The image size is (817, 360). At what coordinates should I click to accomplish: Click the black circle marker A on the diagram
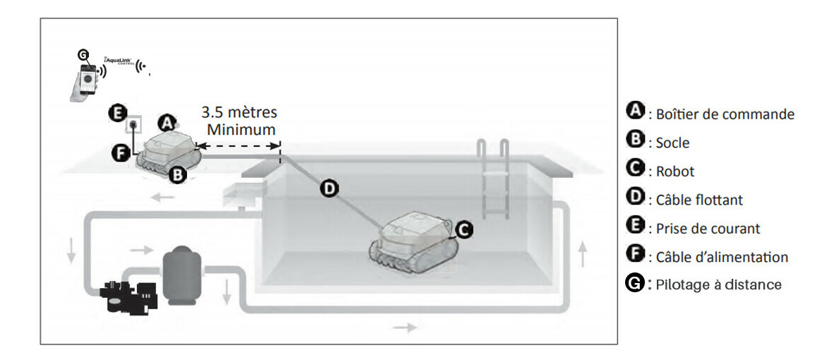tap(167, 122)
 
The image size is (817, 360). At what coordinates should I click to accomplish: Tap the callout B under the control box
tap(178, 176)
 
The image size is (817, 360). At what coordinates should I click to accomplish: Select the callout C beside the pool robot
tap(465, 228)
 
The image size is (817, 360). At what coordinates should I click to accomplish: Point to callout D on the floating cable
tap(328, 189)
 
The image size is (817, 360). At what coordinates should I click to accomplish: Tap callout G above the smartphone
tap(83, 54)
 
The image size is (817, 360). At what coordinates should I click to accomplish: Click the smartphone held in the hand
tap(87, 78)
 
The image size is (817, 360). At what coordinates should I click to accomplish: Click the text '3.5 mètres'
tap(240, 112)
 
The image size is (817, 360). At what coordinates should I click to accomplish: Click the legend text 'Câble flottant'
tap(696, 200)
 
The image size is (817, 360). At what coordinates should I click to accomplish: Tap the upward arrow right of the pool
tap(583, 256)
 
